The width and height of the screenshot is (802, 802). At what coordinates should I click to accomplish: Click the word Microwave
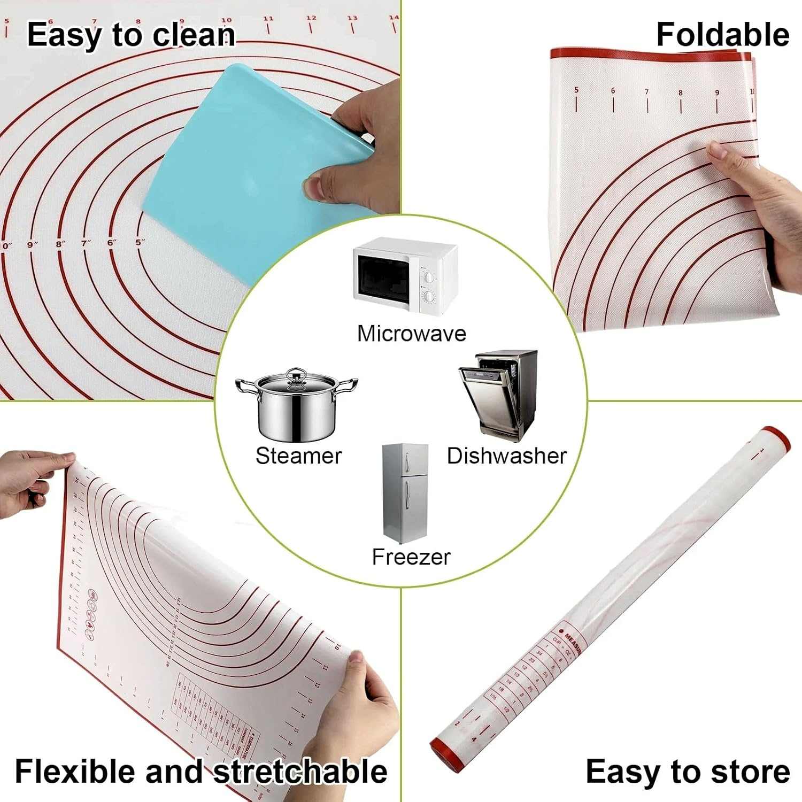click(x=412, y=334)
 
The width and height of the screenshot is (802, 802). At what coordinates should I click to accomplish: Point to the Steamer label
click(x=298, y=456)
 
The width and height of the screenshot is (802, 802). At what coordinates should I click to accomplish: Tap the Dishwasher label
click(x=506, y=456)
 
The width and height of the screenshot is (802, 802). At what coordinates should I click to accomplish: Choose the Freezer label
click(x=411, y=557)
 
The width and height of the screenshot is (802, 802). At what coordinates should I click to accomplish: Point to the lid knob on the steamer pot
click(x=296, y=373)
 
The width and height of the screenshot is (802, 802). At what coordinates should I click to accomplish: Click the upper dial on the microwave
click(x=428, y=277)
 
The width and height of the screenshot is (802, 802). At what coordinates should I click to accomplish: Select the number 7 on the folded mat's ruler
click(x=646, y=92)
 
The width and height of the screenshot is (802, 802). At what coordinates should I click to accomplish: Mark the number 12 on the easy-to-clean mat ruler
click(x=311, y=18)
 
